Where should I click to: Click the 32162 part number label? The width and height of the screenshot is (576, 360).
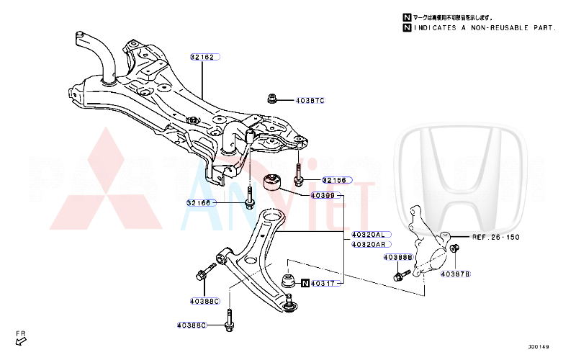click(x=204, y=56)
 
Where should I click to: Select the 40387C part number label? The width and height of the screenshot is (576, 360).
click(x=310, y=100)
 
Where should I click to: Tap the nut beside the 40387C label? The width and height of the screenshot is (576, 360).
click(x=273, y=99)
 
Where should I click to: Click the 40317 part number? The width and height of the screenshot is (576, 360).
click(x=325, y=284)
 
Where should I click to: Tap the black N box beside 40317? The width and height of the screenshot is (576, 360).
click(x=305, y=284)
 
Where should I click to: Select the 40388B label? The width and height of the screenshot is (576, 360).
click(x=397, y=257)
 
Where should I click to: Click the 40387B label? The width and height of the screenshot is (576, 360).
click(x=455, y=274)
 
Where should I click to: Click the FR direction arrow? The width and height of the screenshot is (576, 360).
click(x=21, y=338)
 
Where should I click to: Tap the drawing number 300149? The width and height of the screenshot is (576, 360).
click(x=538, y=347)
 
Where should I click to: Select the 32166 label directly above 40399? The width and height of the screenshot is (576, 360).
click(x=334, y=180)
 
